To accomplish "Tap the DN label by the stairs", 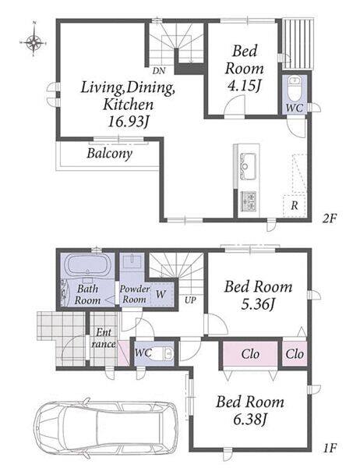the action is [x=159, y=71].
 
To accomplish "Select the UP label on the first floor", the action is [x=190, y=300].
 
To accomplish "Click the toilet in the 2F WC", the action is [x=295, y=87].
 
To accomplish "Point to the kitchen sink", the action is [x=248, y=166].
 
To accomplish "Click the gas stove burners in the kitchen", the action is [x=248, y=201].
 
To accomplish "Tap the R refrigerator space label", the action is [x=295, y=205].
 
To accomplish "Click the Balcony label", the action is [x=109, y=154].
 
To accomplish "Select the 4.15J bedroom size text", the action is [x=244, y=86].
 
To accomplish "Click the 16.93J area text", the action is [x=128, y=122].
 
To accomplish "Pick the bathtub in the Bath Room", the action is [x=87, y=265].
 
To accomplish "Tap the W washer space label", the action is [x=161, y=294].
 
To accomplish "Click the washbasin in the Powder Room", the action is [x=132, y=262].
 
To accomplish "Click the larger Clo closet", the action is [x=250, y=354].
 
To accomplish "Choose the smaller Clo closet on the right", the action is [x=295, y=354].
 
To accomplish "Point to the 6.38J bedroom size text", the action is [x=249, y=420].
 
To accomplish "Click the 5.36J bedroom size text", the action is [x=258, y=304].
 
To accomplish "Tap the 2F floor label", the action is [x=329, y=219].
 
